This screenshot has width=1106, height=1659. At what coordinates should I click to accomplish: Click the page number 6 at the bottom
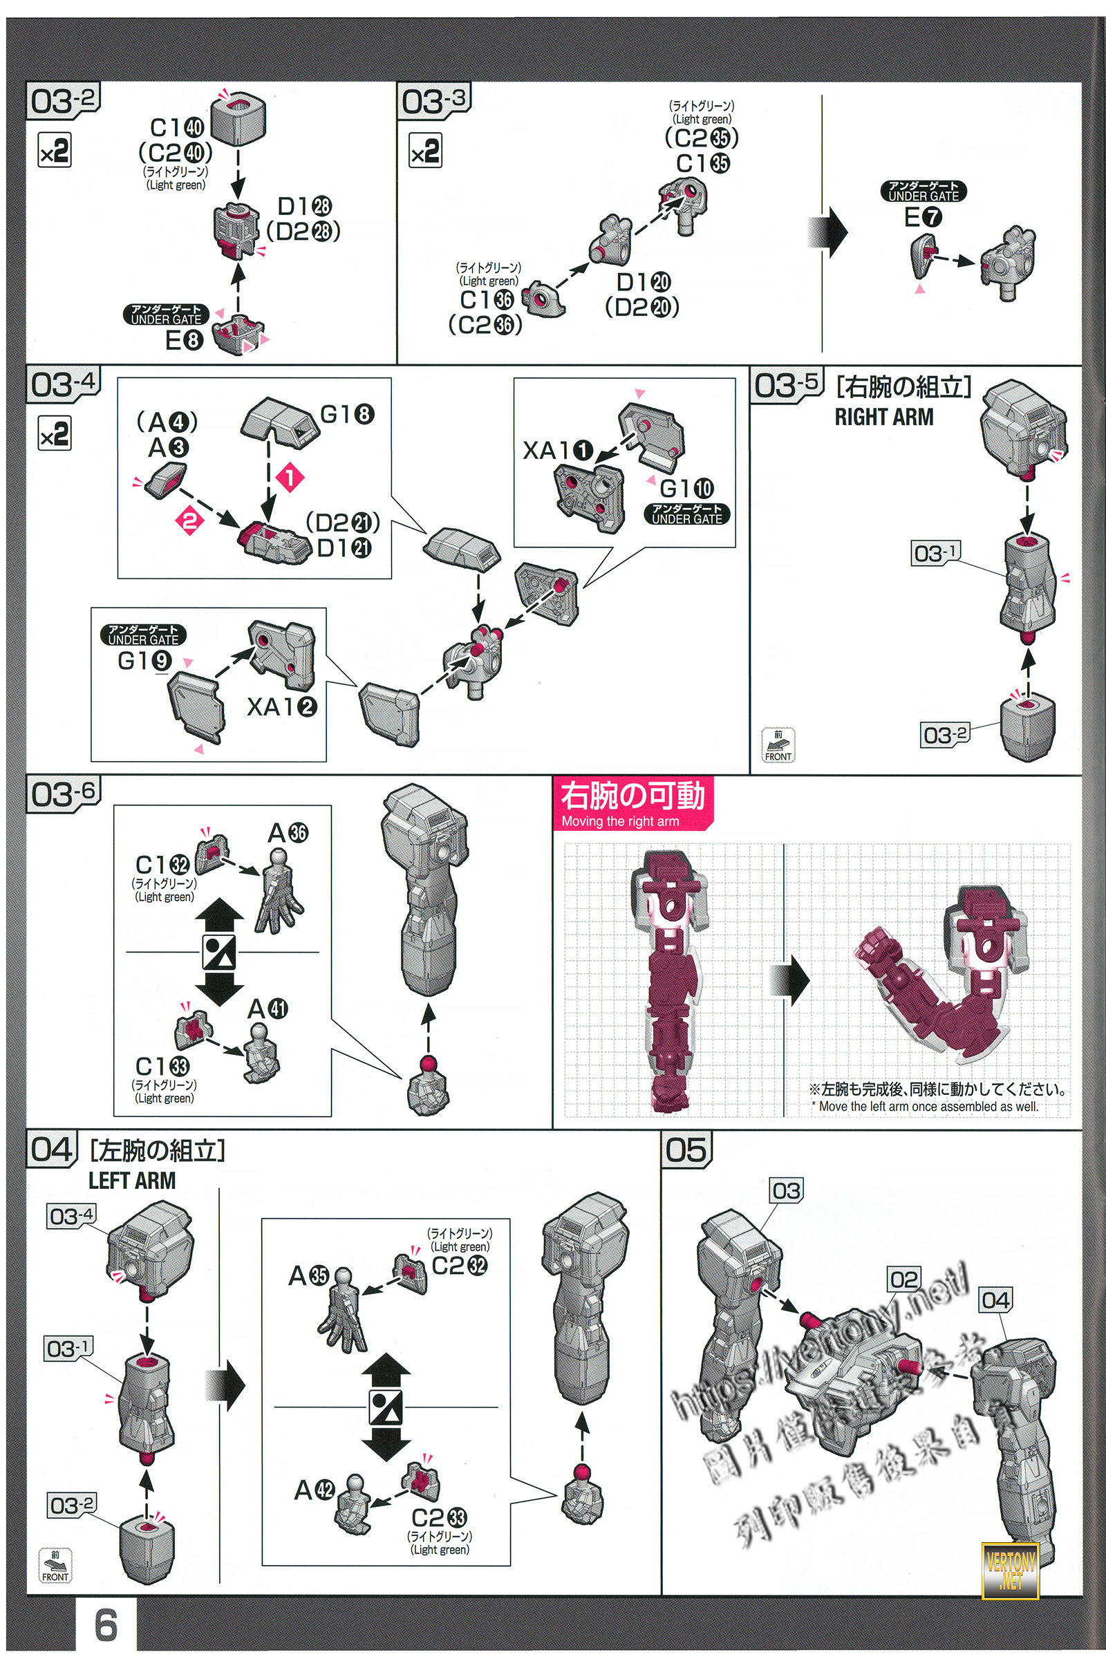coord(106,1625)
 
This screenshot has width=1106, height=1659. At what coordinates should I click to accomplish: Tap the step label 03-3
coord(433,100)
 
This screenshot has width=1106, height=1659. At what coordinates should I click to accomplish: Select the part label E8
coord(184,341)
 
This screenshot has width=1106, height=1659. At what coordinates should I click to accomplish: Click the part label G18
coord(346,414)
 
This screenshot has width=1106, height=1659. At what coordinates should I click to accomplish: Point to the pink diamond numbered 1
coord(289,478)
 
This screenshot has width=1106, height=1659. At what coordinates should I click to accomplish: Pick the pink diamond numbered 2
coord(189,521)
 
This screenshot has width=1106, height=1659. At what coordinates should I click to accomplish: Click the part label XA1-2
coord(281,706)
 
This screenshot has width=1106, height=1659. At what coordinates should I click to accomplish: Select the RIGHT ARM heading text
coord(884,417)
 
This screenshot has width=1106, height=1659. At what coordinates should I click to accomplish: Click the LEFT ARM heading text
coord(132,1180)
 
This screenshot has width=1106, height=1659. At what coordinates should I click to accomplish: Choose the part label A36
coord(288,833)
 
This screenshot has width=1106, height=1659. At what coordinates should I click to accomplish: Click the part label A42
coord(314,1490)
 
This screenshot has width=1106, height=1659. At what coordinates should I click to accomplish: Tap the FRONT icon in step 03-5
coord(778,746)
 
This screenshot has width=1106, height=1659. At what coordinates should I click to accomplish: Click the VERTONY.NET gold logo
coord(1010,1570)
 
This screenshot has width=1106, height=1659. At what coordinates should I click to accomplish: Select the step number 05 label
coord(686,1150)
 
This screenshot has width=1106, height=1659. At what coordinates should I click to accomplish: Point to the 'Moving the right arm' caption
coord(620,821)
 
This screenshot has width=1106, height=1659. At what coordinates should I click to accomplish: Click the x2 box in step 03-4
coord(55,433)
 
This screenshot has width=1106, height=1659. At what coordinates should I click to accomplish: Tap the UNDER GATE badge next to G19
coord(143,634)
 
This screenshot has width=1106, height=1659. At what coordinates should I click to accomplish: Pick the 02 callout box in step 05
coord(903,1279)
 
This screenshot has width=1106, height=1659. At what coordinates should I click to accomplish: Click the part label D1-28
coord(304,206)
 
